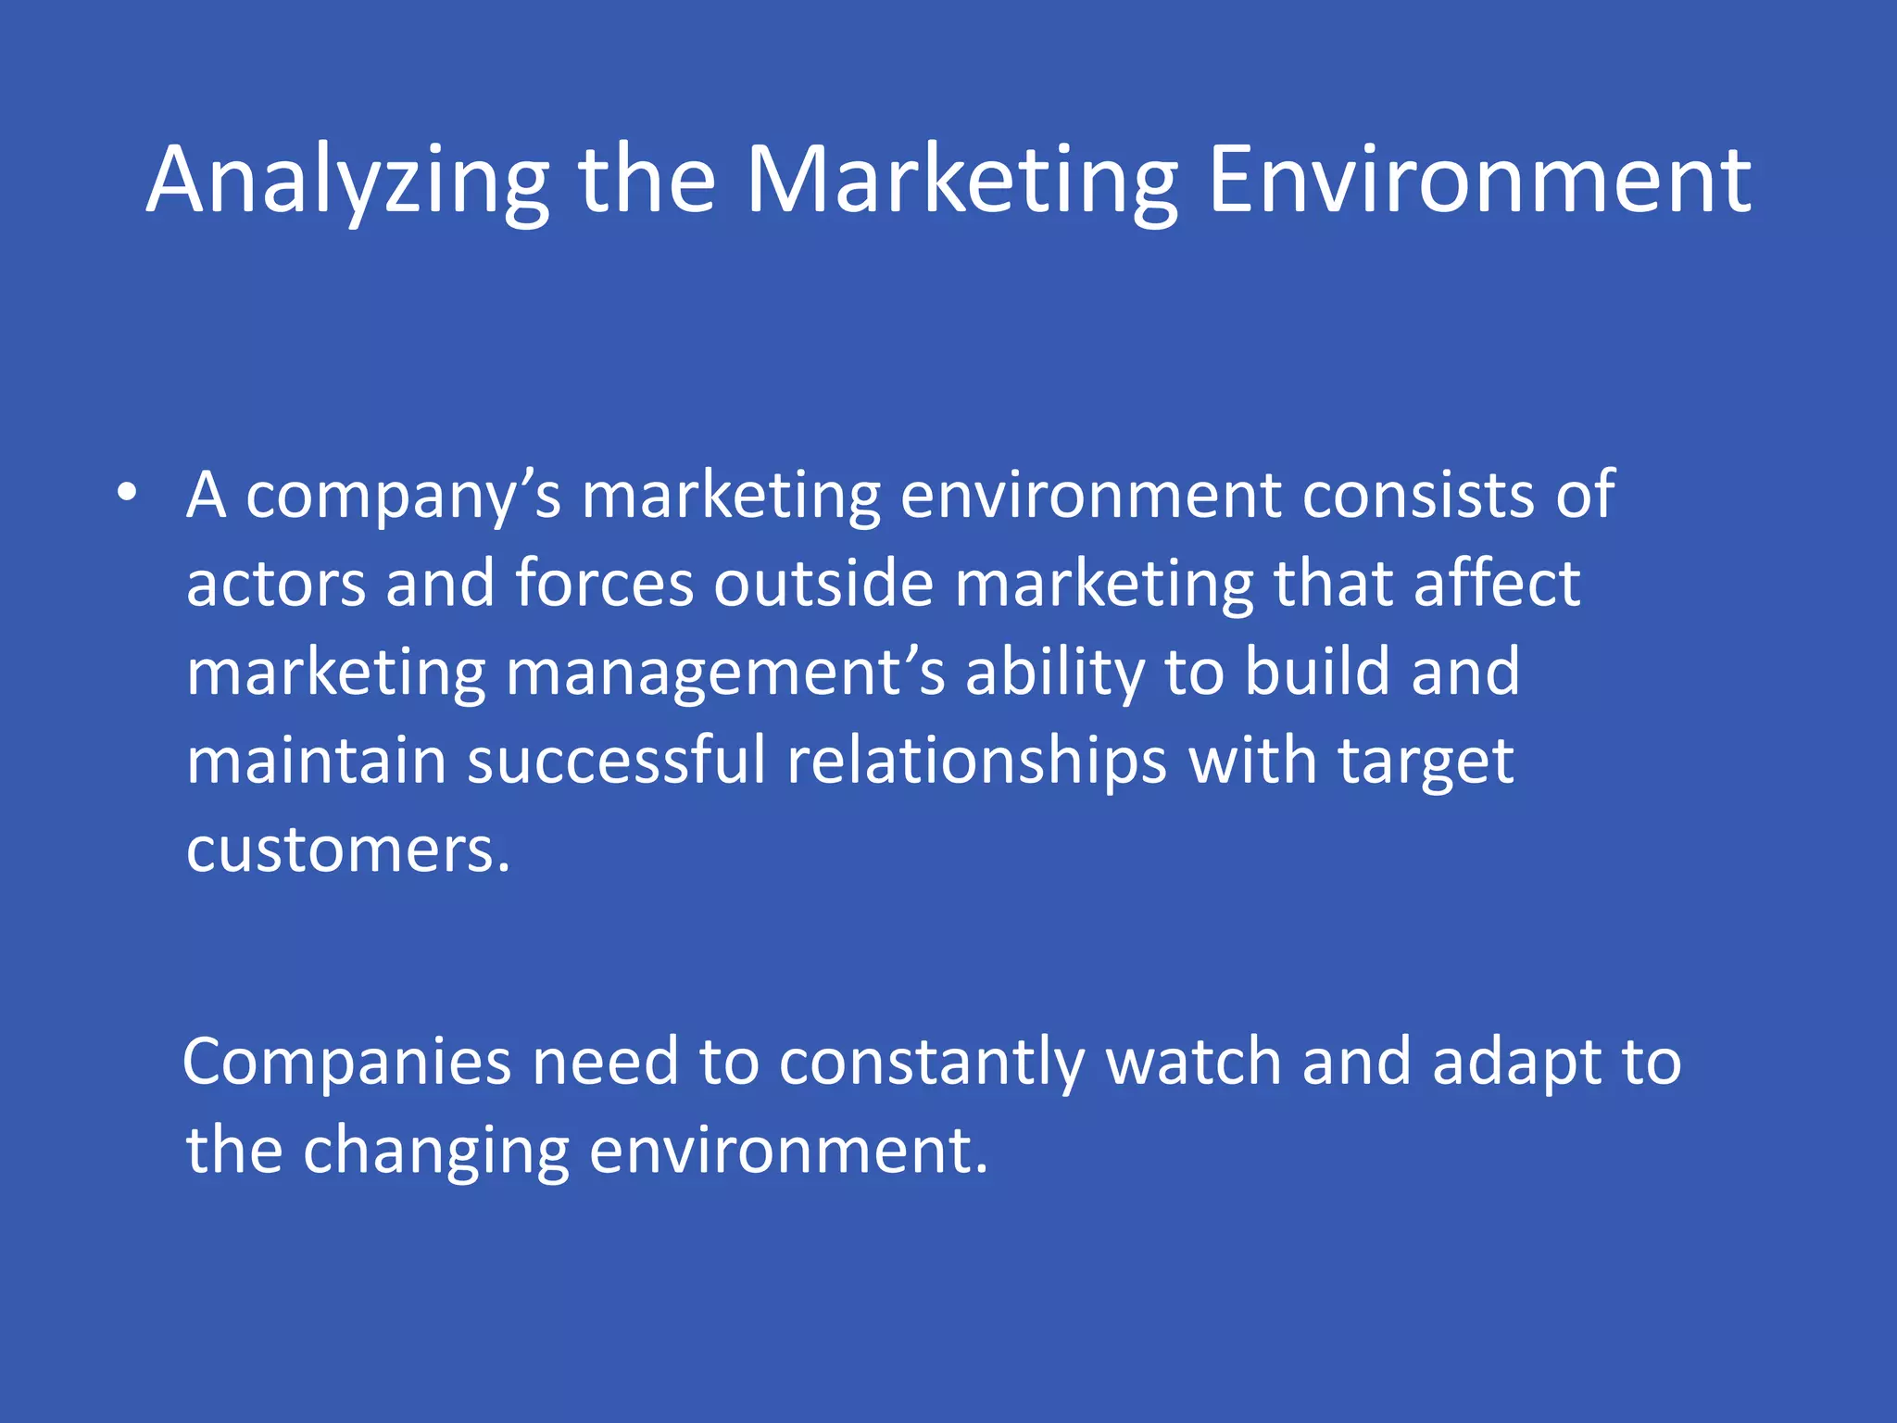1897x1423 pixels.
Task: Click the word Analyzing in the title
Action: coord(347,182)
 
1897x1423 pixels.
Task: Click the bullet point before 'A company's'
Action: coord(128,493)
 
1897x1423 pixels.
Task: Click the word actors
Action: coord(276,584)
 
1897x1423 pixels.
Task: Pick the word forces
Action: coord(604,584)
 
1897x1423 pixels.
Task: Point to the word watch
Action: coord(1194,1062)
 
